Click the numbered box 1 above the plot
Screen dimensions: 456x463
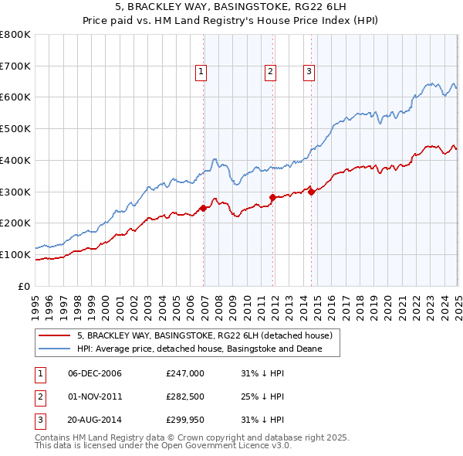201,72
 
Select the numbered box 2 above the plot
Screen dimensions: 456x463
271,72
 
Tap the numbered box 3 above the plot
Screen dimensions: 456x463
309,72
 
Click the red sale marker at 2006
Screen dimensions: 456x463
203,208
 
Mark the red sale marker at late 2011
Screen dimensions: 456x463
272,197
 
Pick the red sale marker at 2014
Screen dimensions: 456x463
312,192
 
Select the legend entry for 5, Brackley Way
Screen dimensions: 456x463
204,336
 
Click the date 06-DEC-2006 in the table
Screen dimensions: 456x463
95,373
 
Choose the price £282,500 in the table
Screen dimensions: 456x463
184,397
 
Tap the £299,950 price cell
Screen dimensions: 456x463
184,421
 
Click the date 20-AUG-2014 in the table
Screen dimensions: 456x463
95,421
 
